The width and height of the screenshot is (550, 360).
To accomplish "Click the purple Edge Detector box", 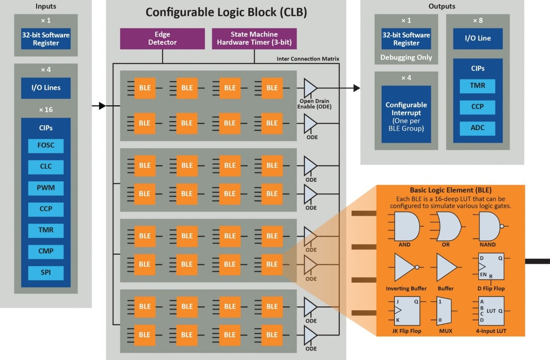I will tap(162, 38).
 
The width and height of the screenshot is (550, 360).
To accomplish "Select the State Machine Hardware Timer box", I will tap(254, 38).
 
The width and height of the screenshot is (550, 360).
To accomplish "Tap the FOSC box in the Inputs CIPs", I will tap(46, 146).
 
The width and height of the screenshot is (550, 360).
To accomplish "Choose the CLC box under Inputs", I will tap(46, 167).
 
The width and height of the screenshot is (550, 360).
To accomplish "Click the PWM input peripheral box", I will tap(46, 188).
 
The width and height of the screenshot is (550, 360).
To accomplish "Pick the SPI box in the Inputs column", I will tap(46, 273).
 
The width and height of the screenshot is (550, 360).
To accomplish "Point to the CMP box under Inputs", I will tap(46, 252).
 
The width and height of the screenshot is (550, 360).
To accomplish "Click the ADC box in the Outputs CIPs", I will tap(477, 128).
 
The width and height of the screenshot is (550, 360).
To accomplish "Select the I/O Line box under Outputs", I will tap(477, 39).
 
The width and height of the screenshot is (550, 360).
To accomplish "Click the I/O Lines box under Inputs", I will tap(46, 88).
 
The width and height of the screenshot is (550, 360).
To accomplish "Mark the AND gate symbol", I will tap(404, 226).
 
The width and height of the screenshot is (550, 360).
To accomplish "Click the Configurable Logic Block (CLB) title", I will tap(226, 12).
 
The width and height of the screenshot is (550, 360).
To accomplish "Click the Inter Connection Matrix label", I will tap(308, 59).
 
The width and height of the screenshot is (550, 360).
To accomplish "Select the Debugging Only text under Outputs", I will tap(406, 57).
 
